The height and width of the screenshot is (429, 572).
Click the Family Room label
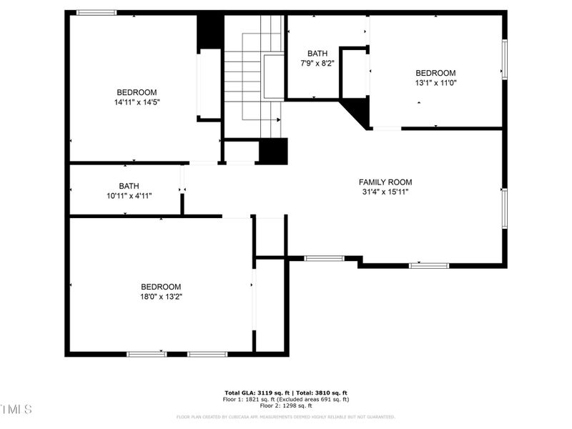tap(385, 182)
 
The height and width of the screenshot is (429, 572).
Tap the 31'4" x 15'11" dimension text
tap(385, 192)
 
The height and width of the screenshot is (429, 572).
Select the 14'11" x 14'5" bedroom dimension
tap(137, 102)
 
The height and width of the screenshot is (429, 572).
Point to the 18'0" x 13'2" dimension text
tap(161, 296)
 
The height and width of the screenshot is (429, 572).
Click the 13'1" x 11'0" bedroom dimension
tap(435, 82)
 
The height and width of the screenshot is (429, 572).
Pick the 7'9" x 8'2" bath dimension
tap(317, 63)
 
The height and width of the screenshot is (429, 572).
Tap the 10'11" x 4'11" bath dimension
tap(129, 195)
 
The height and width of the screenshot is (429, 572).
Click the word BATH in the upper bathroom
tap(317, 54)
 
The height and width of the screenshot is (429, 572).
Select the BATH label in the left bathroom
tap(129, 186)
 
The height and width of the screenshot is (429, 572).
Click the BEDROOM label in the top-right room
tap(435, 73)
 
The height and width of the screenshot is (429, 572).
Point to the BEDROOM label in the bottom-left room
tap(161, 287)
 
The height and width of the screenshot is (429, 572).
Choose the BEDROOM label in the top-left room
tap(137, 92)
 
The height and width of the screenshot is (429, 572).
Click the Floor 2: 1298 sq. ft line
tap(286, 405)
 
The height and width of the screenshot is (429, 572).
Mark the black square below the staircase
tap(272, 152)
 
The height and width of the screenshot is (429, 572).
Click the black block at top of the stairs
tap(210, 31)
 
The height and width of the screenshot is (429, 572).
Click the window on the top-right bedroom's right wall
tap(504, 61)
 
